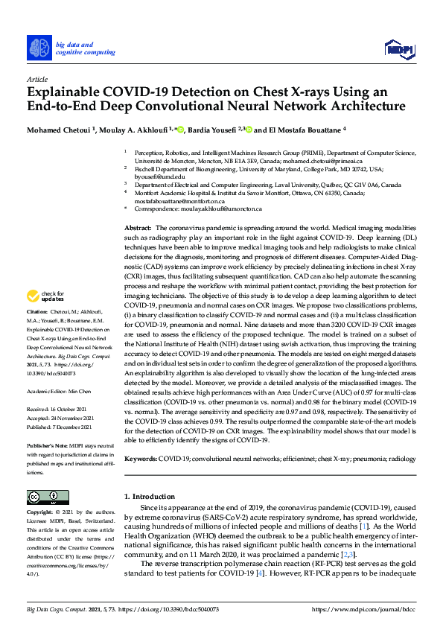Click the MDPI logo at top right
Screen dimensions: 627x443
click(x=399, y=49)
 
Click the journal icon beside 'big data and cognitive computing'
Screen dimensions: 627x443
click(x=39, y=48)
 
